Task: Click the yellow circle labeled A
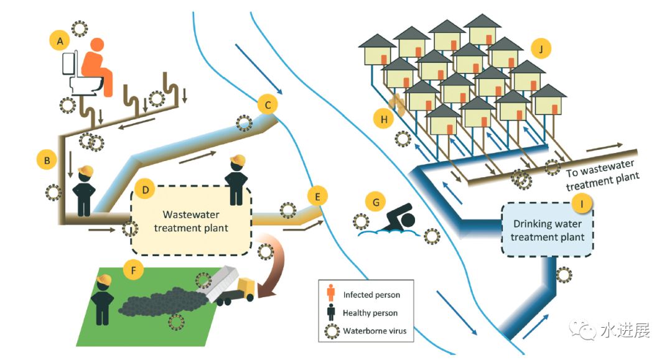click(60, 41)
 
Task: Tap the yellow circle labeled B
click(47, 160)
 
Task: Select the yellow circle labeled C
click(268, 104)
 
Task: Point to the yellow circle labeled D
click(145, 189)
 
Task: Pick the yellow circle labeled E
click(317, 198)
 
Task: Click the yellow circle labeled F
click(132, 269)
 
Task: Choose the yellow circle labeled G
click(376, 202)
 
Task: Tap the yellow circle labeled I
click(582, 203)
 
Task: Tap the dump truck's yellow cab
click(246, 288)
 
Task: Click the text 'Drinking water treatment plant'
click(548, 230)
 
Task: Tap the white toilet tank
click(70, 63)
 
